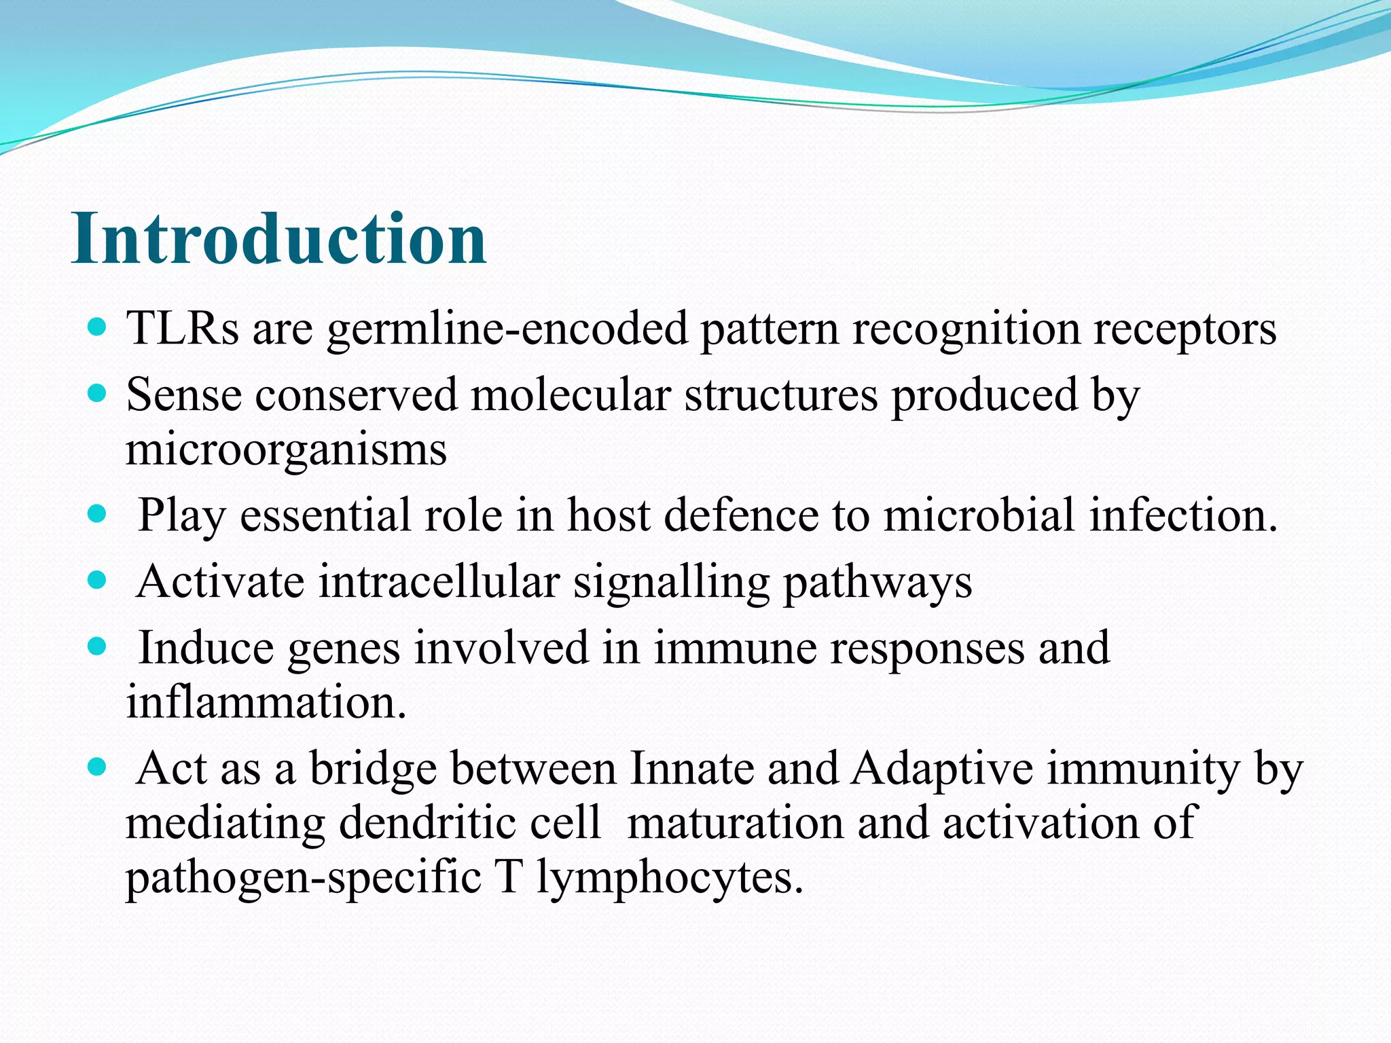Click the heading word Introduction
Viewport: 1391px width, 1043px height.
click(278, 239)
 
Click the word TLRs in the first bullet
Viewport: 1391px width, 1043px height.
click(183, 329)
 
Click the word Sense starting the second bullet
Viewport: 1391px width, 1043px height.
click(183, 395)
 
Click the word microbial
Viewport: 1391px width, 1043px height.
click(979, 515)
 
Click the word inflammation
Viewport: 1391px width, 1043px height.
click(266, 702)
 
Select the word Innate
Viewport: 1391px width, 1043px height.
click(692, 769)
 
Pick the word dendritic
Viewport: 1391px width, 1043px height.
click(469, 823)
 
